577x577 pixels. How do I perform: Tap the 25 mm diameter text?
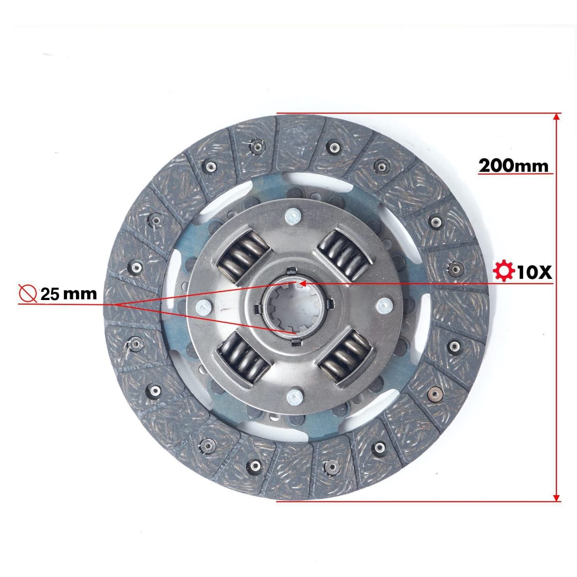68,294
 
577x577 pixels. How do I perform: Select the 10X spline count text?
534,272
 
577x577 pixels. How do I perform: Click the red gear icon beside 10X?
504,272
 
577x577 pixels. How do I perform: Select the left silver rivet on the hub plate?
202,307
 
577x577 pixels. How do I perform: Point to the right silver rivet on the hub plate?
382,305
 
